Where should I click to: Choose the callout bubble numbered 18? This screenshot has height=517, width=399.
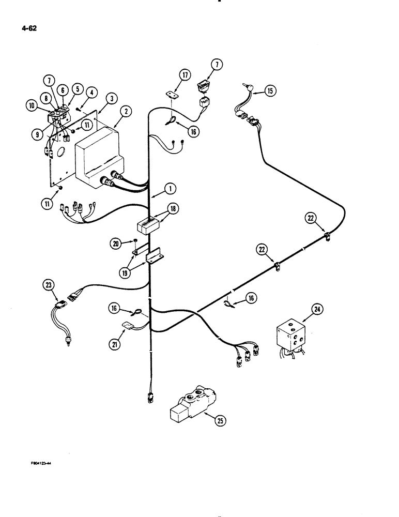click(171, 209)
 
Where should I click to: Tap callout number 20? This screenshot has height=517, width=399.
click(118, 244)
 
